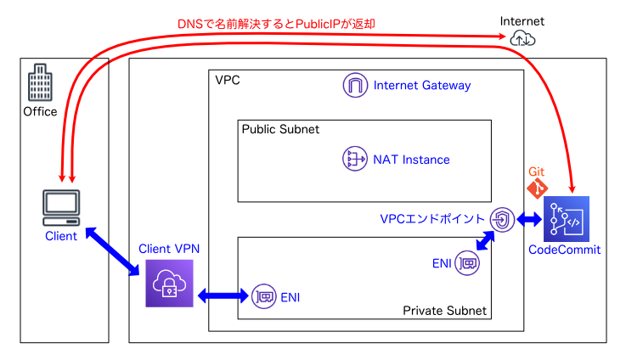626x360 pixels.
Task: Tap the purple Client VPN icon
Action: [x=169, y=283]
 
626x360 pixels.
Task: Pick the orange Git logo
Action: [x=539, y=187]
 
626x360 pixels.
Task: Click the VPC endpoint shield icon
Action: [x=503, y=219]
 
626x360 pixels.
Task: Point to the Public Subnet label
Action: [x=280, y=129]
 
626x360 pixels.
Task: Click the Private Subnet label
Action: [x=445, y=311]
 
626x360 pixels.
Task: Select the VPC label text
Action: [x=228, y=81]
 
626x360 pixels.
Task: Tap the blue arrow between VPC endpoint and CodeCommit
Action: [x=530, y=219]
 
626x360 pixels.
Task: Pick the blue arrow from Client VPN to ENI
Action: [x=223, y=296]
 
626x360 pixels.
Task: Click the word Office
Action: [x=40, y=111]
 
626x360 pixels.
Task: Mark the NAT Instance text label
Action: [x=411, y=160]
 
